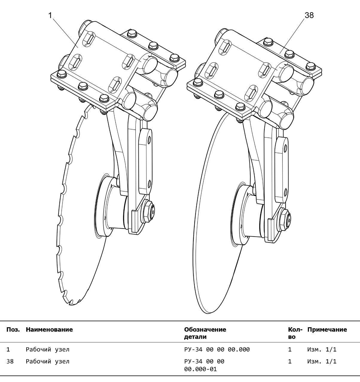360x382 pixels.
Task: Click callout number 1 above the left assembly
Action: tap(50, 15)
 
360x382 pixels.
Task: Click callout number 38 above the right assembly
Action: tap(309, 15)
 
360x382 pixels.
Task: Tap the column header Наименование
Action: tap(49, 330)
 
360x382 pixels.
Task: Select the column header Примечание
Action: tap(327, 330)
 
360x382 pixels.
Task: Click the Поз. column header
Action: tap(13, 330)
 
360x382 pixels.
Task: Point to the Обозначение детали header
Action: tap(205, 333)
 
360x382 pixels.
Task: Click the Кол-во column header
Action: tap(295, 333)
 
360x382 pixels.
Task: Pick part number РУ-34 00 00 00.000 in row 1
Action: tap(217, 349)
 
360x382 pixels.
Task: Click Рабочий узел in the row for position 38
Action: tap(48, 361)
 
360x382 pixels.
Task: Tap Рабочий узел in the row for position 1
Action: tap(48, 349)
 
